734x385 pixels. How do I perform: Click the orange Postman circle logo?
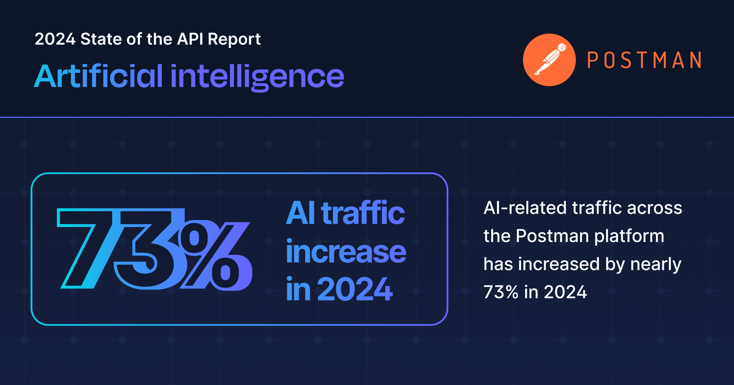(549, 60)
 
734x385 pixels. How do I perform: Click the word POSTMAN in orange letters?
(644, 60)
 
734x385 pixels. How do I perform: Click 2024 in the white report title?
(55, 39)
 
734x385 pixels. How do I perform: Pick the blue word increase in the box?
(346, 252)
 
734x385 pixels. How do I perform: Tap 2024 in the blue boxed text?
(355, 289)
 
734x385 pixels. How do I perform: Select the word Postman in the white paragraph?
(552, 236)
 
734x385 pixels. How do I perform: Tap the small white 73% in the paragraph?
(501, 292)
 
